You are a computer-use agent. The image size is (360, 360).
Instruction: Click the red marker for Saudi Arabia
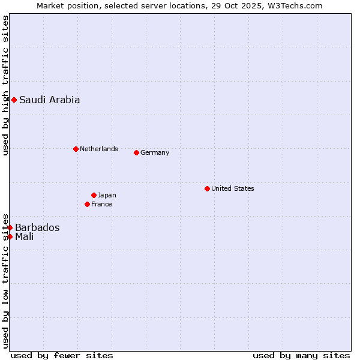[14, 100]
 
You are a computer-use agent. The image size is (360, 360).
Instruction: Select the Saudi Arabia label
[49, 100]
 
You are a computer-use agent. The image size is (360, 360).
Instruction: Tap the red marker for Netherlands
[76, 149]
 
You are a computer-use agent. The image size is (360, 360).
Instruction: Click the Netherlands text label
[98, 149]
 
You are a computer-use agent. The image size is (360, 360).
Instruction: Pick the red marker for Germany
[136, 152]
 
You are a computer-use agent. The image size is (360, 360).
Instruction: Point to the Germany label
[155, 152]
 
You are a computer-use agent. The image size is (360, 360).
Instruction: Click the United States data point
[207, 188]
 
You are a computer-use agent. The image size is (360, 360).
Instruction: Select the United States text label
[232, 188]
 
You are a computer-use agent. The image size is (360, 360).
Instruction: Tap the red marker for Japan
[94, 195]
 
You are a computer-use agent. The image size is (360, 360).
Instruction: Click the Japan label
[107, 195]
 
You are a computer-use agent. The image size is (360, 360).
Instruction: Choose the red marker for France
[87, 204]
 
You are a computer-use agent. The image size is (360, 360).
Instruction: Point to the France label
[101, 204]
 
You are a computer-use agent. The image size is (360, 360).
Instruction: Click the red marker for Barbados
[10, 227]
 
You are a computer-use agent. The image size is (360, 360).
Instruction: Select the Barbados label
[37, 227]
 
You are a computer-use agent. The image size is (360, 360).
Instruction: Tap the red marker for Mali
[10, 236]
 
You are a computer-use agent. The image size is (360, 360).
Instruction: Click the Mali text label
[24, 236]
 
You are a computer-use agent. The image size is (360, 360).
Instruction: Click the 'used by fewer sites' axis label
[62, 355]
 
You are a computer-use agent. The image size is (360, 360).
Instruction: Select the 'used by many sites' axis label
[301, 355]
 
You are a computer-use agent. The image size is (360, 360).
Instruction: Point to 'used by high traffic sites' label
[5, 85]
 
